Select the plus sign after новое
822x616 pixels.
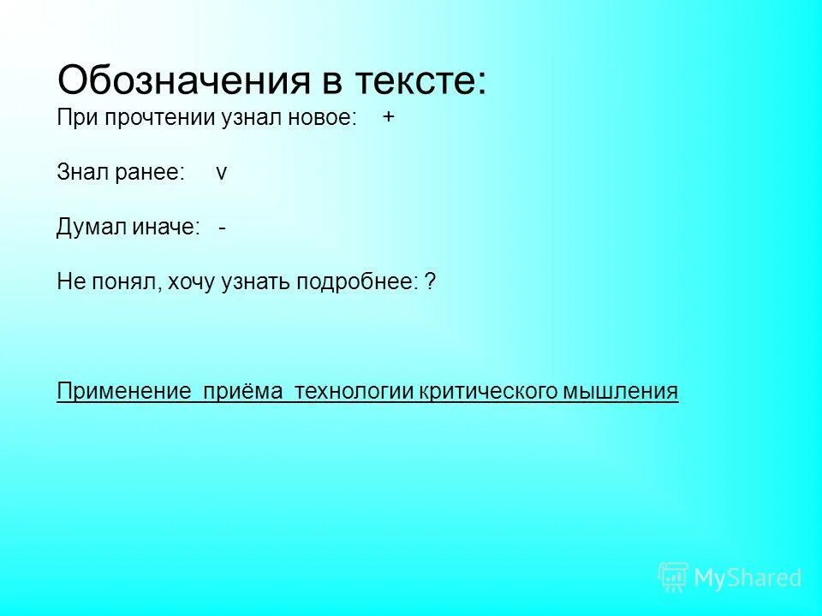[389, 118]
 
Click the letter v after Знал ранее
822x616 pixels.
[222, 172]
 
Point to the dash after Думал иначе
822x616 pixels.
[222, 227]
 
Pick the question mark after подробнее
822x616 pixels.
[430, 281]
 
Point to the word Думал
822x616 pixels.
[92, 227]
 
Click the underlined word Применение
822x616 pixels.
[123, 392]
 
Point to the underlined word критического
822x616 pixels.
[488, 392]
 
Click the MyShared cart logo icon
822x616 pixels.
[673, 577]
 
